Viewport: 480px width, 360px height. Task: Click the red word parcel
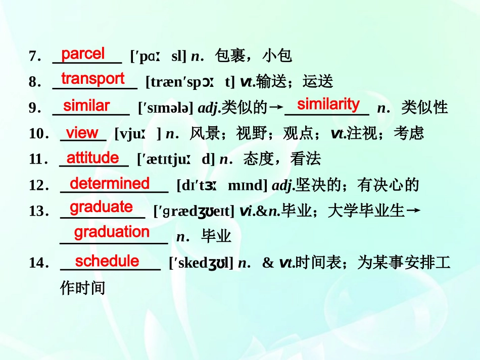(83, 53)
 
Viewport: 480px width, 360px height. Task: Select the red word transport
(92, 79)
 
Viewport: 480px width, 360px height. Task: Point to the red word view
(82, 133)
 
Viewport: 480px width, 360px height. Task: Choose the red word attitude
(93, 158)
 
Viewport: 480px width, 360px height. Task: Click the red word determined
(110, 183)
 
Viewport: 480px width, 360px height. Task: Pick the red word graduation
(112, 232)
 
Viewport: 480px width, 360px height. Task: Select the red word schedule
(107, 261)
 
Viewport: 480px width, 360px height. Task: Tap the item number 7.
(34, 56)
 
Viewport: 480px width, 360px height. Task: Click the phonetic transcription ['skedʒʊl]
(201, 263)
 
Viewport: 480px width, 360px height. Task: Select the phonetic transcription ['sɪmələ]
(165, 108)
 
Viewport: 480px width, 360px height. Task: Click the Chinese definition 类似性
(425, 108)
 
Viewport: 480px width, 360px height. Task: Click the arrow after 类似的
(275, 108)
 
